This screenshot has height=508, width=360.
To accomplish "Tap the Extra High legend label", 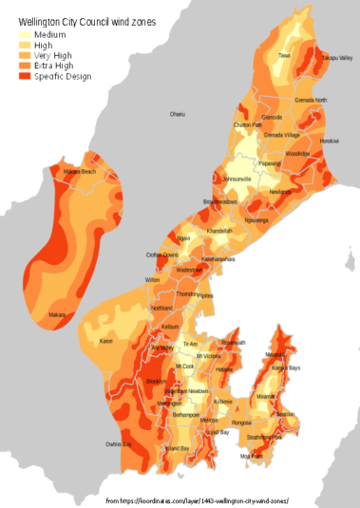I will point(54,66).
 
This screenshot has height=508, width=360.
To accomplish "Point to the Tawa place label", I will point(284,56).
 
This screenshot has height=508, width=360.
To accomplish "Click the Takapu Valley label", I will point(335,58).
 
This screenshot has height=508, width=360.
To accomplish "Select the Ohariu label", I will point(178,114).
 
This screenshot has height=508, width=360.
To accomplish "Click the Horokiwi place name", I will point(329,141).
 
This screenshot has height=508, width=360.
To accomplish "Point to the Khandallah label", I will point(219,231).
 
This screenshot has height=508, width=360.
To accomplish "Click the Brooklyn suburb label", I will point(157,381).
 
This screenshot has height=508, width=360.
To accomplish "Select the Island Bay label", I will point(178,448).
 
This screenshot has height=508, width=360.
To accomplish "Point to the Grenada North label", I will point(311,100).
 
